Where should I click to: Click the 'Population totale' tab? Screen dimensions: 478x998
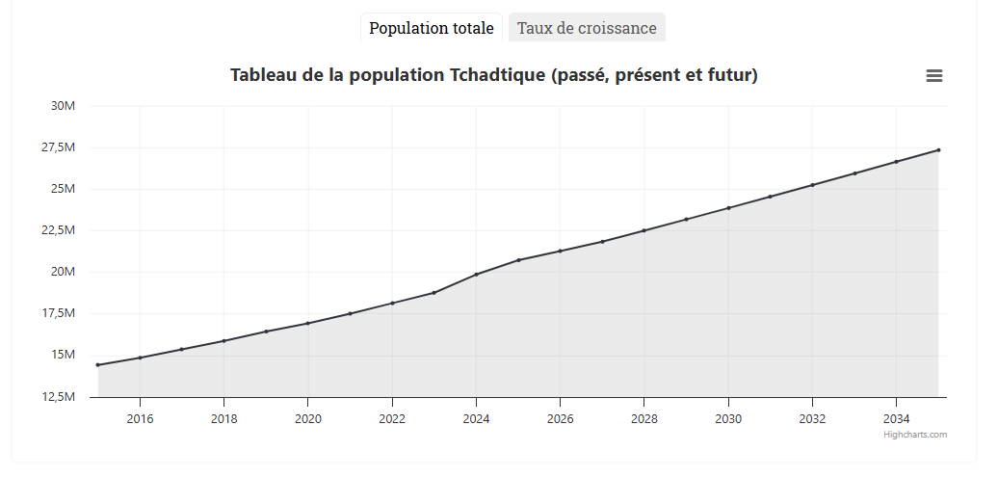(431, 28)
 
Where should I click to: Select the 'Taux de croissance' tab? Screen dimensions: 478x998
(587, 28)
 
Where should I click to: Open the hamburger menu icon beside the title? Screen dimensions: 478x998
(933, 76)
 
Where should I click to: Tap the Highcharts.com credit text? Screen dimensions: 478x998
(915, 435)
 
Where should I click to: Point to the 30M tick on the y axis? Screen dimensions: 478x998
(63, 106)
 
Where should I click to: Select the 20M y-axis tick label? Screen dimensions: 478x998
(63, 272)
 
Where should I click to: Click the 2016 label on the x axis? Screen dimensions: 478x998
(140, 418)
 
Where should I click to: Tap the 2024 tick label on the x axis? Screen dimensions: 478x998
(476, 418)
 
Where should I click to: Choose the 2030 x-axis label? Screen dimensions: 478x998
(728, 418)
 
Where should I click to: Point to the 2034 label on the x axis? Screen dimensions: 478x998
(896, 418)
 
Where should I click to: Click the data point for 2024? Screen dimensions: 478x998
(476, 275)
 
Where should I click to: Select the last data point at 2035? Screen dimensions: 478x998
(938, 149)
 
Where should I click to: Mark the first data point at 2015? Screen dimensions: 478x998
(98, 365)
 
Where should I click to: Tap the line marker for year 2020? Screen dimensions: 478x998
(308, 323)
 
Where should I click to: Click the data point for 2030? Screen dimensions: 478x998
(728, 208)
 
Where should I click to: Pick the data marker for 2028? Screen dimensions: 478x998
(644, 230)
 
